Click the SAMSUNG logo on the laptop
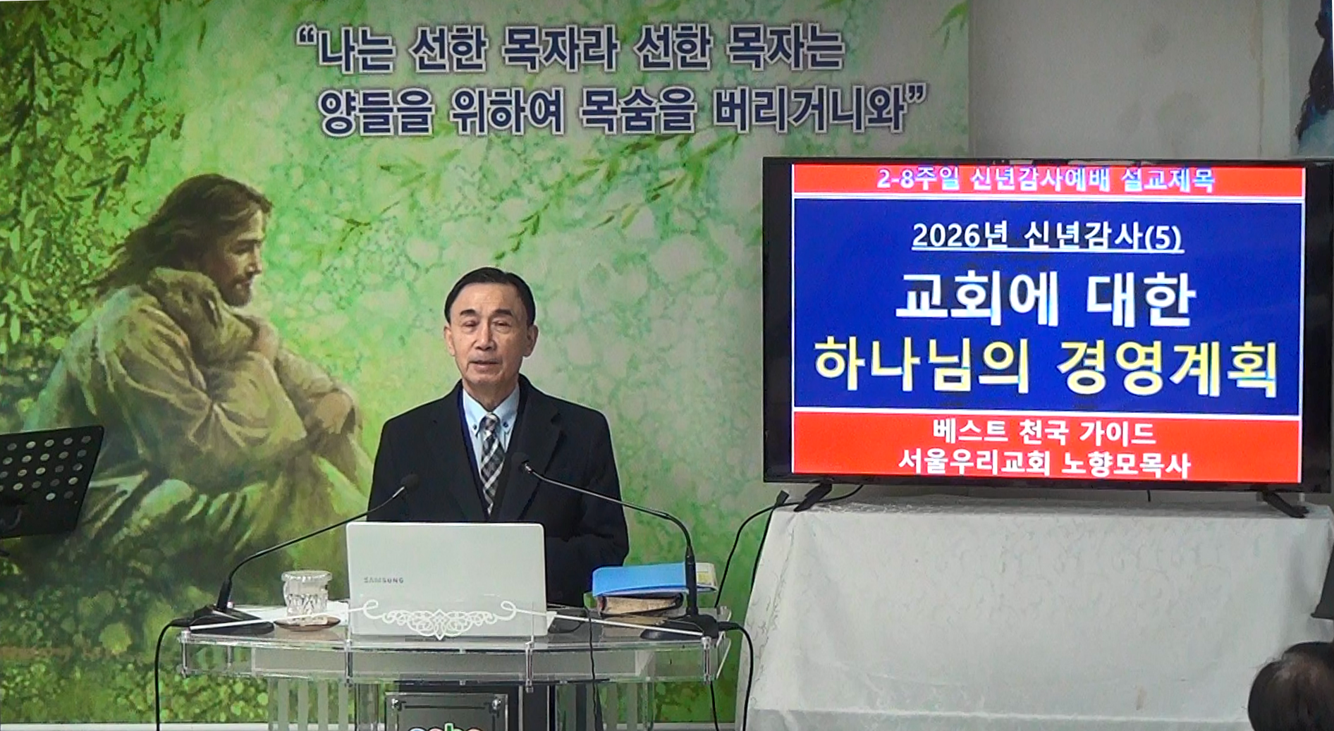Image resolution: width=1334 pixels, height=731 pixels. point(384,580)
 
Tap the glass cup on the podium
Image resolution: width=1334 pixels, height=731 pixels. point(306,595)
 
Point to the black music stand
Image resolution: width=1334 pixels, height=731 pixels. point(47,479)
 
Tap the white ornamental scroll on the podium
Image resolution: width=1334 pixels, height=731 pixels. point(441,618)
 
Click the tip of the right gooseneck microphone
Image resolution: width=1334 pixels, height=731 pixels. point(522,466)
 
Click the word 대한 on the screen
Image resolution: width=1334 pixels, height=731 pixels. point(1140,300)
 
